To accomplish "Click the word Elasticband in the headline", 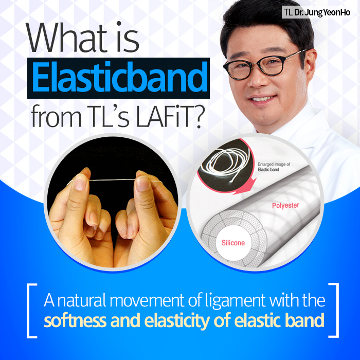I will pyautogui.click(x=118, y=78).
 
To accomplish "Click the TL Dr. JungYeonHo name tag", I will pyautogui.click(x=316, y=12).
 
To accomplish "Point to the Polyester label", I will pyautogui.click(x=285, y=206).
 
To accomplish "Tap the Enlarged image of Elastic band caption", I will pyautogui.click(x=273, y=166).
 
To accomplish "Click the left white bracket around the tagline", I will pyautogui.click(x=31, y=310).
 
